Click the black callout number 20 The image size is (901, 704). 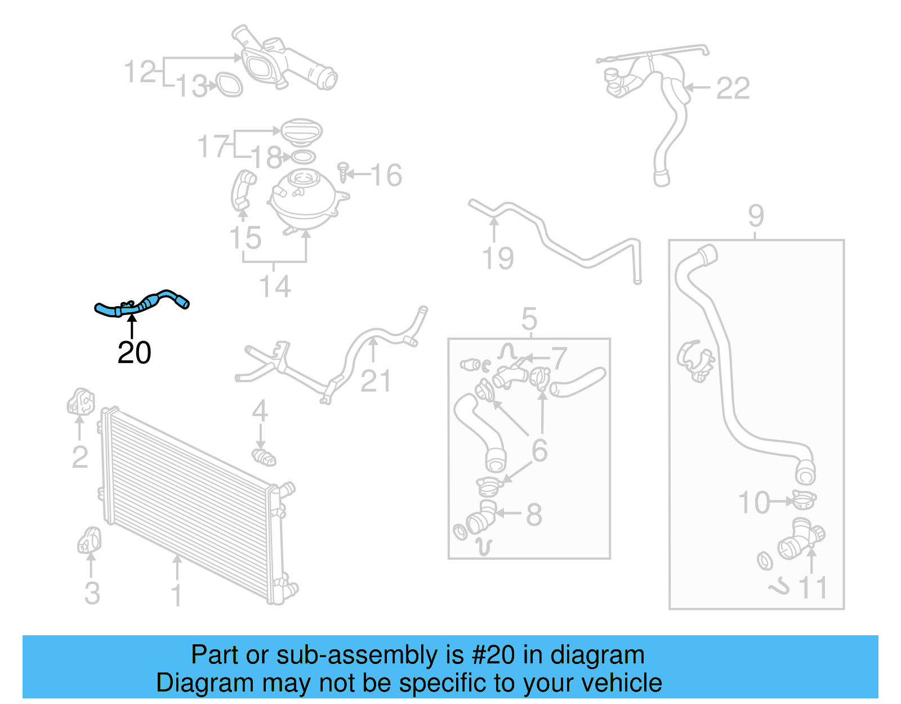coord(134,353)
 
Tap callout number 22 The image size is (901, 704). coord(733,88)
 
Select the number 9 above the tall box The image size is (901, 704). coord(756,215)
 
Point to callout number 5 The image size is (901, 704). coord(529,320)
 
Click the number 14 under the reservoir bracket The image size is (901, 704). coord(275,286)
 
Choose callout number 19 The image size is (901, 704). coord(498,259)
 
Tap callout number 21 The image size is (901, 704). coord(376,382)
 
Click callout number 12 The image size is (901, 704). coord(140,72)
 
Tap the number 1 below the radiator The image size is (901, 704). coord(177,595)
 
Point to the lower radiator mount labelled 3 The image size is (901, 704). coord(89,541)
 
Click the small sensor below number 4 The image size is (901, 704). coord(263,457)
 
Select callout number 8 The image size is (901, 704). coord(534,515)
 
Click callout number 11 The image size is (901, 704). coord(813,588)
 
